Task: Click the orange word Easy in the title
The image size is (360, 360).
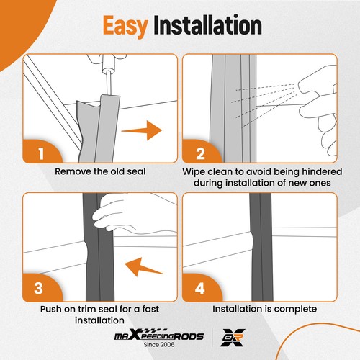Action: (x=125, y=26)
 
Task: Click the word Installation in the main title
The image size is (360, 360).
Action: (x=207, y=25)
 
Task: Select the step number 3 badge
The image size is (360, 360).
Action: (x=38, y=288)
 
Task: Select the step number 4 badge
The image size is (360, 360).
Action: (x=199, y=288)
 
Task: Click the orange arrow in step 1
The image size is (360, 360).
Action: (x=142, y=130)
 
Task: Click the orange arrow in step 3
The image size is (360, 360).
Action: (x=144, y=267)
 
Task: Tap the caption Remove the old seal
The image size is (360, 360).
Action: (x=100, y=171)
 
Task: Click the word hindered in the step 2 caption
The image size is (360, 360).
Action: (x=322, y=171)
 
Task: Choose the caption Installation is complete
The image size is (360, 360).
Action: (x=264, y=309)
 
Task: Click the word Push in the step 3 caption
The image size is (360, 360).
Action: (x=50, y=309)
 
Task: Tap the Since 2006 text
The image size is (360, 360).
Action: (x=159, y=345)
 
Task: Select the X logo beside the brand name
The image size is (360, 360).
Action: (x=233, y=338)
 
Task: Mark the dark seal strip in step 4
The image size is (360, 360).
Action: (x=261, y=247)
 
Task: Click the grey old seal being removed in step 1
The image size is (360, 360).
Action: (x=99, y=128)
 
